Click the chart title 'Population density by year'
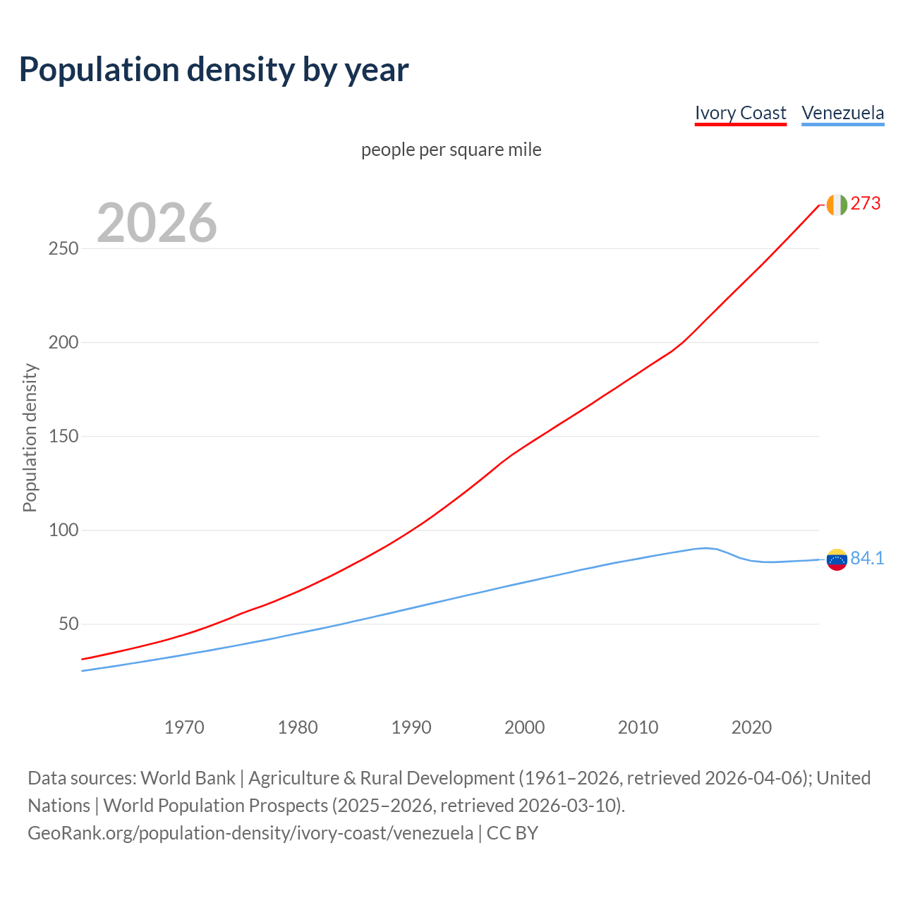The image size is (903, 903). pos(214,69)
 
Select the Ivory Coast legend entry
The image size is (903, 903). pos(740,113)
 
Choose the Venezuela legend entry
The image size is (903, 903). pos(842,113)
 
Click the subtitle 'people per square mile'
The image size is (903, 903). pos(451,150)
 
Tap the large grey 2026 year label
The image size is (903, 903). pos(157,223)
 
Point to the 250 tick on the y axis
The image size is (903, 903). pos(63,249)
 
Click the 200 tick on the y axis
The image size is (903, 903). pos(63,343)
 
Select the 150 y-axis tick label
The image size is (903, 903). pos(63,437)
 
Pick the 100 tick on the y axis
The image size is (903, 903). pos(63,531)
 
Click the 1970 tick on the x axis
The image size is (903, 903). pos(184,727)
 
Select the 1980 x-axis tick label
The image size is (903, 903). pos(298,727)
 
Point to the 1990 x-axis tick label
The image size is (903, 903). pos(411,727)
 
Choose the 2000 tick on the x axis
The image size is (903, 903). pos(524,727)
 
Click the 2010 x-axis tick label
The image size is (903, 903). pos(638,727)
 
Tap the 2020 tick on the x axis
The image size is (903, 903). pos(751,727)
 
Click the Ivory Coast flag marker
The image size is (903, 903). pos(836,205)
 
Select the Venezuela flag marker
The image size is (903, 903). pos(836,559)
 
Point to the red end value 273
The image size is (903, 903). pos(866,204)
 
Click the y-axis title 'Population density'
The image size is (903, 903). pos(30,437)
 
